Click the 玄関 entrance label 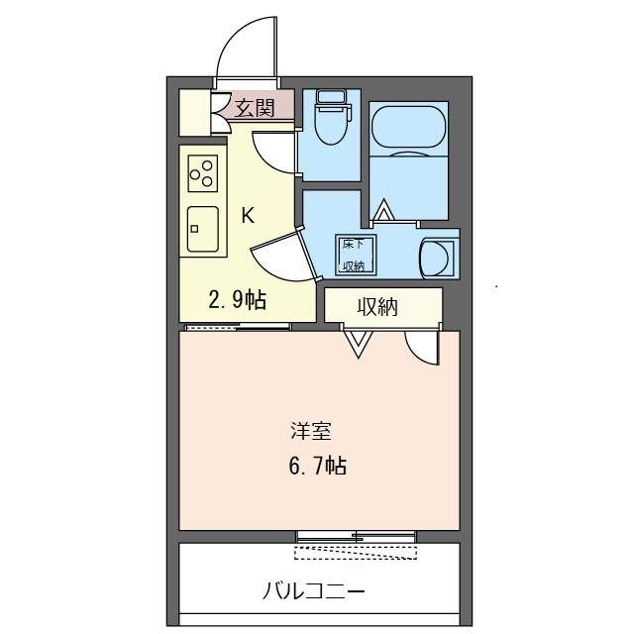[x=255, y=108]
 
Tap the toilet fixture [x=334, y=117]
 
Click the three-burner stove [x=202, y=173]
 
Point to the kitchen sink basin [x=202, y=229]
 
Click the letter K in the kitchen [x=248, y=216]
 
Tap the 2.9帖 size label [x=238, y=300]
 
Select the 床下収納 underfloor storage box [x=356, y=255]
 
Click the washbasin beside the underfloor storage [x=437, y=258]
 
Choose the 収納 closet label [x=377, y=307]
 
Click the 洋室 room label [x=311, y=431]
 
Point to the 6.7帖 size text [x=317, y=466]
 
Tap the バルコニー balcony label [x=314, y=592]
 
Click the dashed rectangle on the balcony [x=356, y=553]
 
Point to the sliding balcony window [x=356, y=537]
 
